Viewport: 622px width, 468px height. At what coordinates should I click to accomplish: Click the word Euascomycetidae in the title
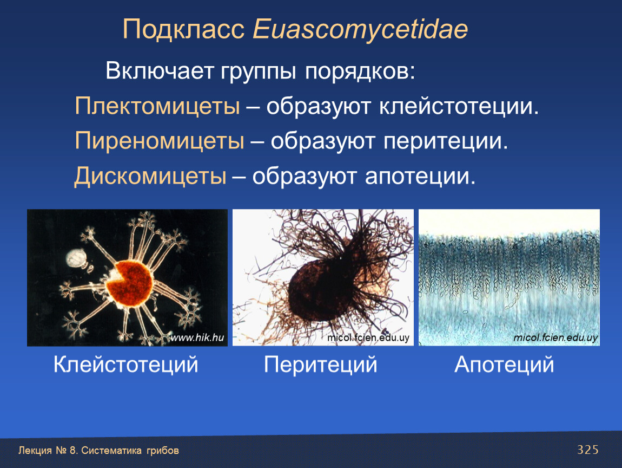[x=360, y=30]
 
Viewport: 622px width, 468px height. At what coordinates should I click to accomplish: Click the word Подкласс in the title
[x=183, y=29]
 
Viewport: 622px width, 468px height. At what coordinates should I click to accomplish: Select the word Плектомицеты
[x=157, y=107]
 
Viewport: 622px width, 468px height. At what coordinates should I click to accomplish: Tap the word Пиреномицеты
[x=160, y=141]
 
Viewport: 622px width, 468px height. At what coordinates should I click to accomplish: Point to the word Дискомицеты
[x=150, y=176]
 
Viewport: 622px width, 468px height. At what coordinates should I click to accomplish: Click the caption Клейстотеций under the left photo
[x=125, y=365]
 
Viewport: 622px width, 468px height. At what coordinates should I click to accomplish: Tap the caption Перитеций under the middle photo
[x=321, y=365]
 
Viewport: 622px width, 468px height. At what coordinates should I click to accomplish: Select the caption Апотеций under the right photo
[x=504, y=365]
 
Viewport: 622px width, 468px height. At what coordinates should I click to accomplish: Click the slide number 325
[x=588, y=450]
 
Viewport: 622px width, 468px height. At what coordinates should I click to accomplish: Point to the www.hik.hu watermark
[x=197, y=337]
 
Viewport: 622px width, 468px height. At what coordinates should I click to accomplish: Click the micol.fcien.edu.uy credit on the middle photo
[x=368, y=337]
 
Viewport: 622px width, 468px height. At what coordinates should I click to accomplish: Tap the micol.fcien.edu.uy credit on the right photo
[x=555, y=337]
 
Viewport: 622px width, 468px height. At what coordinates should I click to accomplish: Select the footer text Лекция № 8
[x=48, y=451]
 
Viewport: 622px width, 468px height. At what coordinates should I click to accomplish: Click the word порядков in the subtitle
[x=360, y=72]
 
